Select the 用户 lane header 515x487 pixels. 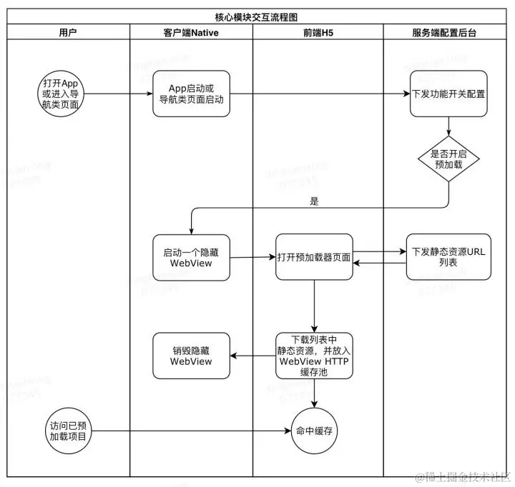tap(69, 32)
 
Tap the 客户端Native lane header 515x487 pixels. tap(191, 32)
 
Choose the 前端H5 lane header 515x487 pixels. tap(318, 32)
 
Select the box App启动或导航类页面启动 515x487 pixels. tap(191, 94)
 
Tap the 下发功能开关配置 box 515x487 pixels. tap(448, 94)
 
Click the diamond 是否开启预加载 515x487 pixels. tap(448, 158)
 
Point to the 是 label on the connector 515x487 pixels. tap(314, 201)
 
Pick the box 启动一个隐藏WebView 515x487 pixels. tap(191, 257)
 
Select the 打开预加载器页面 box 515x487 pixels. tap(314, 257)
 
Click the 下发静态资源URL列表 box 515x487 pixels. tap(448, 257)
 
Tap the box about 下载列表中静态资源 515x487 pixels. tap(314, 355)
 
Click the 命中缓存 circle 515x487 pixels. tap(314, 431)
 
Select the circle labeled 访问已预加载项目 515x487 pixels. tap(69, 431)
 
